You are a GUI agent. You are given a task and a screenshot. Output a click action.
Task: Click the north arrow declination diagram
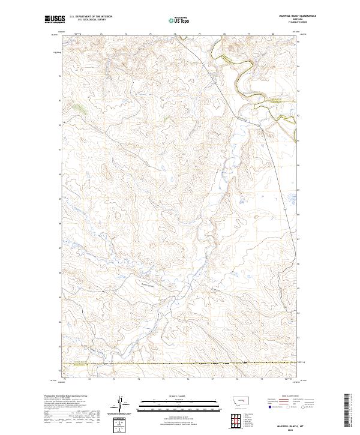pyautogui.click(x=121, y=403)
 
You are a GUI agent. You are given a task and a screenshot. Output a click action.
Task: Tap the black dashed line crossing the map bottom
pyautogui.click(x=180, y=363)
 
